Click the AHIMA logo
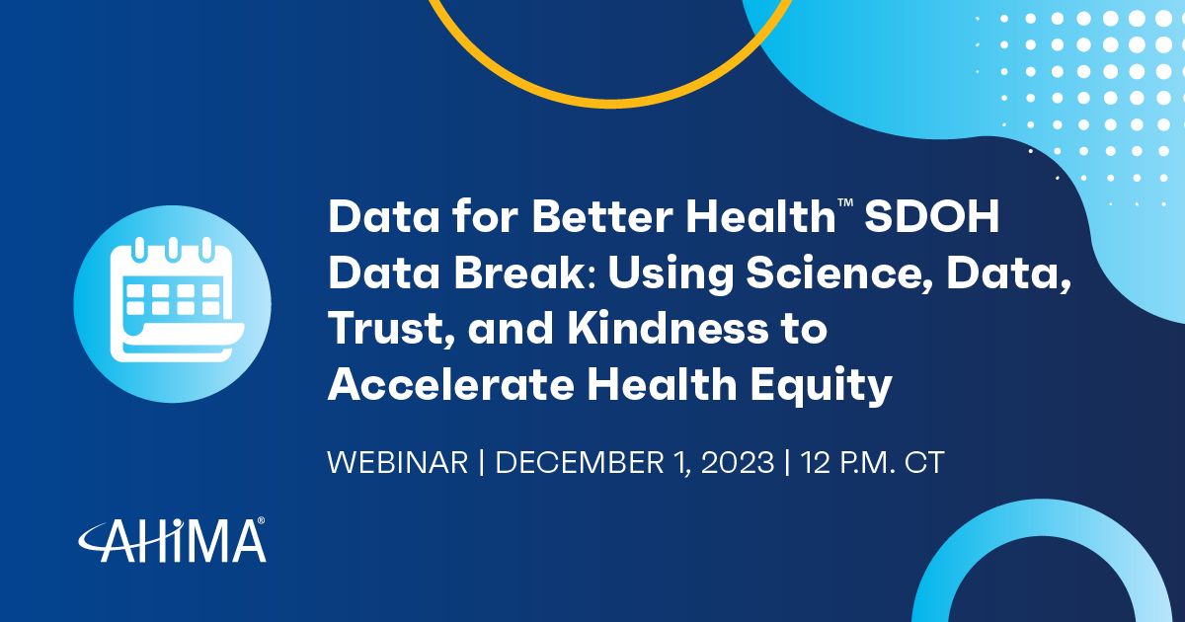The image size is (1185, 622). click(173, 540)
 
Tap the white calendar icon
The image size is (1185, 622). click(177, 300)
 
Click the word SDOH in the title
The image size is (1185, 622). click(931, 216)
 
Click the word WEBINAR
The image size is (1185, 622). click(398, 463)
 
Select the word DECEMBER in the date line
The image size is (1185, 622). click(580, 463)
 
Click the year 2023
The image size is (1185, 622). click(738, 463)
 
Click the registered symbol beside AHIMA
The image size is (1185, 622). click(261, 521)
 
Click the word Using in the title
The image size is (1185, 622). click(671, 275)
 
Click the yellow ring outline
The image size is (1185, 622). click(608, 102)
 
